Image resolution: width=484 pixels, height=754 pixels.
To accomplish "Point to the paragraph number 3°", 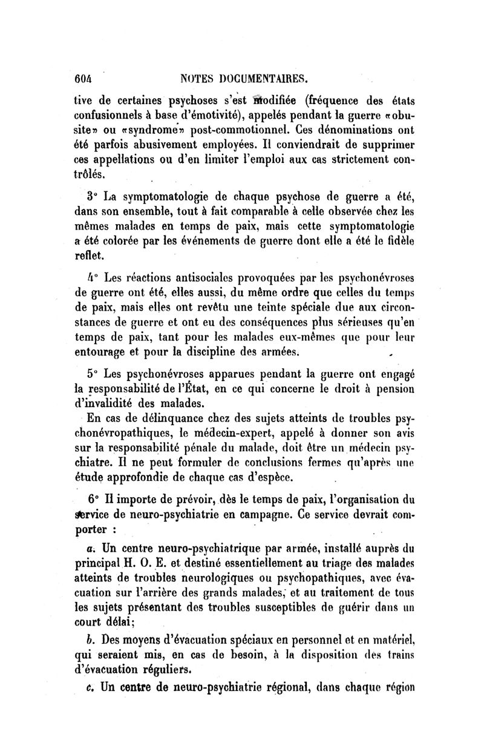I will [x=93, y=198].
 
